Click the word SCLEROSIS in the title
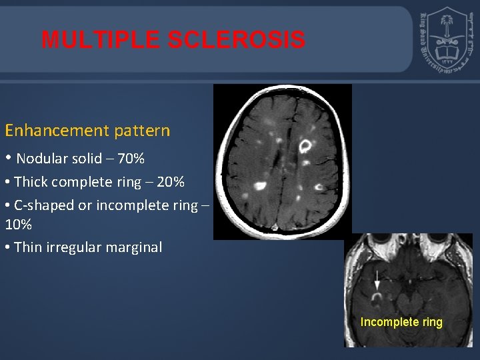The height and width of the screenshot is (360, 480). click(237, 40)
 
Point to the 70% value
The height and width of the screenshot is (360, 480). click(130, 159)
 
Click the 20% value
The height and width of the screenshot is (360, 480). click(170, 182)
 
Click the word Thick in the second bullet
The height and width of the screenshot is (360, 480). click(31, 182)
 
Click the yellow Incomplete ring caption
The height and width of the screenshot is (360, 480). click(401, 322)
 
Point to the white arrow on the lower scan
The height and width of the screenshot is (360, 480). click(377, 281)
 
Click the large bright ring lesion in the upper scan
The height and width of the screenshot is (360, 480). click(306, 145)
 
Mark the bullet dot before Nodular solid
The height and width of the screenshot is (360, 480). click(9, 159)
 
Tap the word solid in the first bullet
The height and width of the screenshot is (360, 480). click(86, 159)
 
